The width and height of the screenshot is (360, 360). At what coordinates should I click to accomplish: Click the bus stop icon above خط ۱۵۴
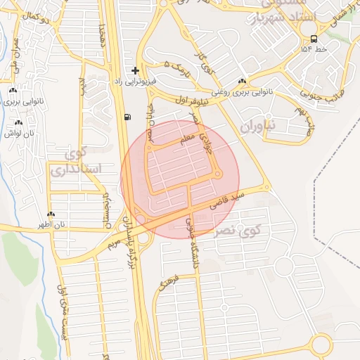click(x=313, y=39)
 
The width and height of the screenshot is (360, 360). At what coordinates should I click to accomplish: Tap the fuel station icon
click(x=126, y=117)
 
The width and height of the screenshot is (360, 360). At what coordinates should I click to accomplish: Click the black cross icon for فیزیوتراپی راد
click(x=135, y=70)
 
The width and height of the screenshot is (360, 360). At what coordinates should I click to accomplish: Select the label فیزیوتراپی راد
click(x=134, y=82)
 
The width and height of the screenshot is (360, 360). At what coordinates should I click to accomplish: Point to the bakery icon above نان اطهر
click(x=51, y=214)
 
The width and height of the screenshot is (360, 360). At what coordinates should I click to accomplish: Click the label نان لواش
click(x=19, y=133)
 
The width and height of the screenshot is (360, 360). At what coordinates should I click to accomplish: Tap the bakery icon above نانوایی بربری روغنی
click(x=242, y=81)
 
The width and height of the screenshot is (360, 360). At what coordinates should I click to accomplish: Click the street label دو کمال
click(x=35, y=15)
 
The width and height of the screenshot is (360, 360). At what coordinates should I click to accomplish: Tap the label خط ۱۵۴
click(x=314, y=50)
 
